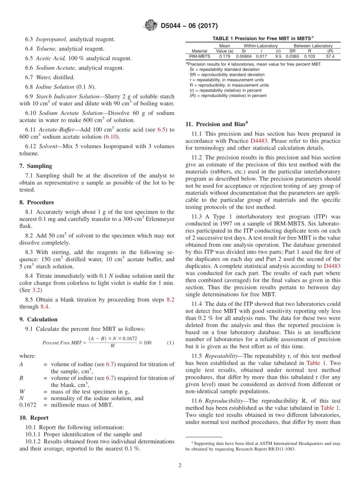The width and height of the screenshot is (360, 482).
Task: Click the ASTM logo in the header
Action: (x=151, y=26)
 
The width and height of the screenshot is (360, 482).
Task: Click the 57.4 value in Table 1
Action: (x=330, y=56)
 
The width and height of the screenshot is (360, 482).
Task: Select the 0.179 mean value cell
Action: (x=224, y=56)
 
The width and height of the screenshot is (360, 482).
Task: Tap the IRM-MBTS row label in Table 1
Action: (x=199, y=56)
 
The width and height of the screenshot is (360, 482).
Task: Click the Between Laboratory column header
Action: (x=313, y=46)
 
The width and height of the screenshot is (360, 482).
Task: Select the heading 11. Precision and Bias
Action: (x=215, y=124)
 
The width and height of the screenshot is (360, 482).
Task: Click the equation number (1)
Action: (x=171, y=343)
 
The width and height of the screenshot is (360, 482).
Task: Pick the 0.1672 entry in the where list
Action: (x=27, y=405)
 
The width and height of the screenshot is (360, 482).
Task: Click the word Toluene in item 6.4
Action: (x=46, y=49)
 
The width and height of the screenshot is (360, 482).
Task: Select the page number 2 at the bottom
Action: (x=180, y=465)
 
